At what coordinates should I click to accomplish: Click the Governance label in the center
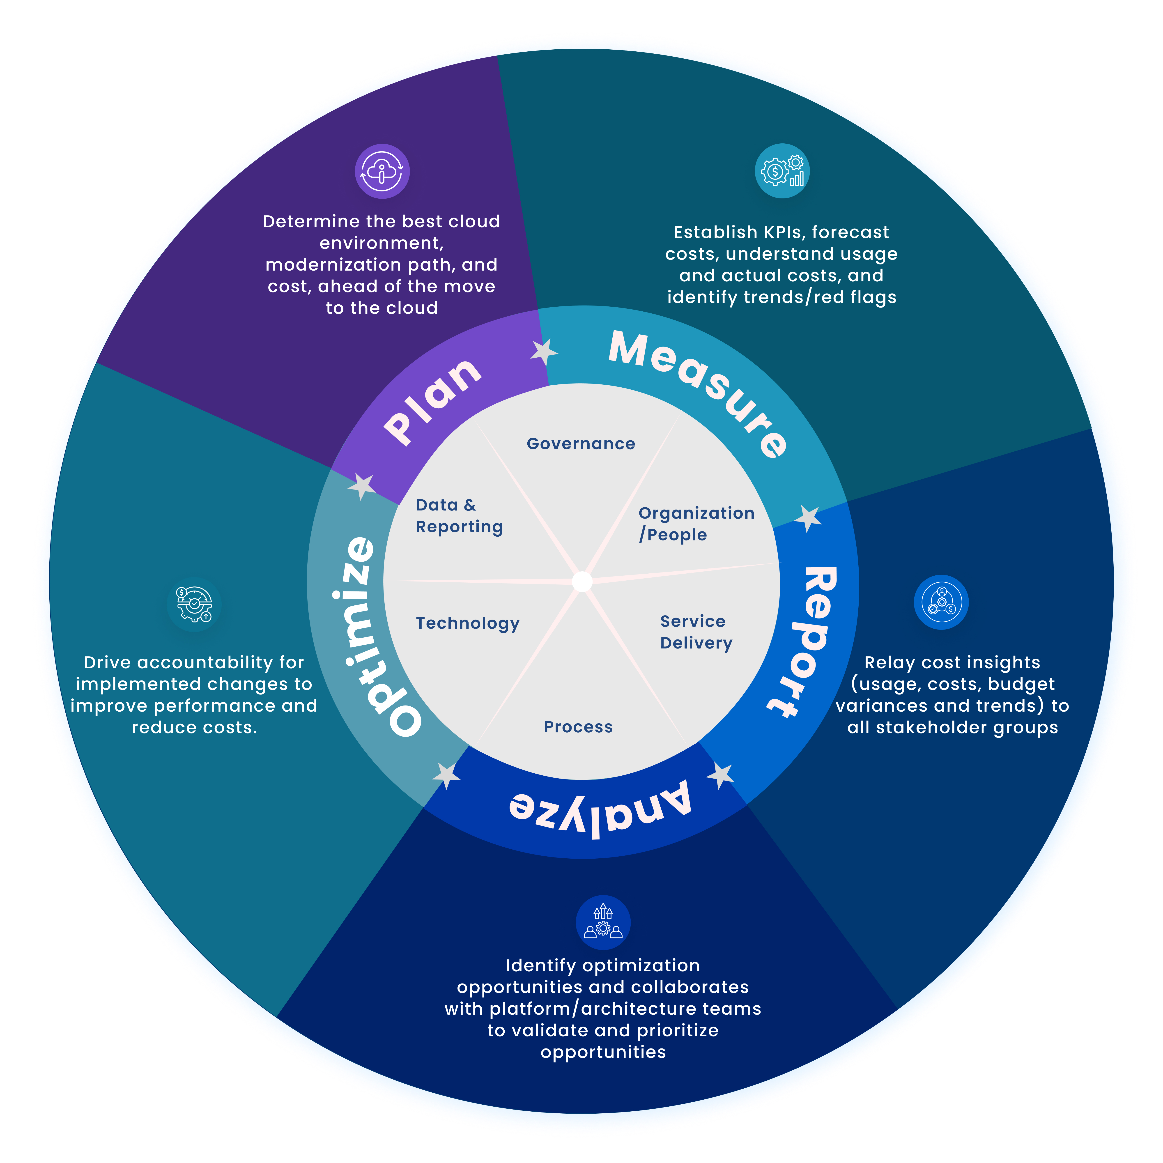(581, 444)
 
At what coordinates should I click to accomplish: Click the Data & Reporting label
(459, 516)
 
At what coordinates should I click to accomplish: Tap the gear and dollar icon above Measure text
(782, 171)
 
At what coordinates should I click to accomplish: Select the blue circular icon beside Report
(941, 602)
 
